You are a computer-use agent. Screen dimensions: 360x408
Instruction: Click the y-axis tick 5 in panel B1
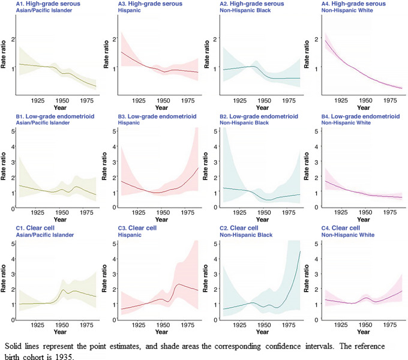(12, 130)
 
